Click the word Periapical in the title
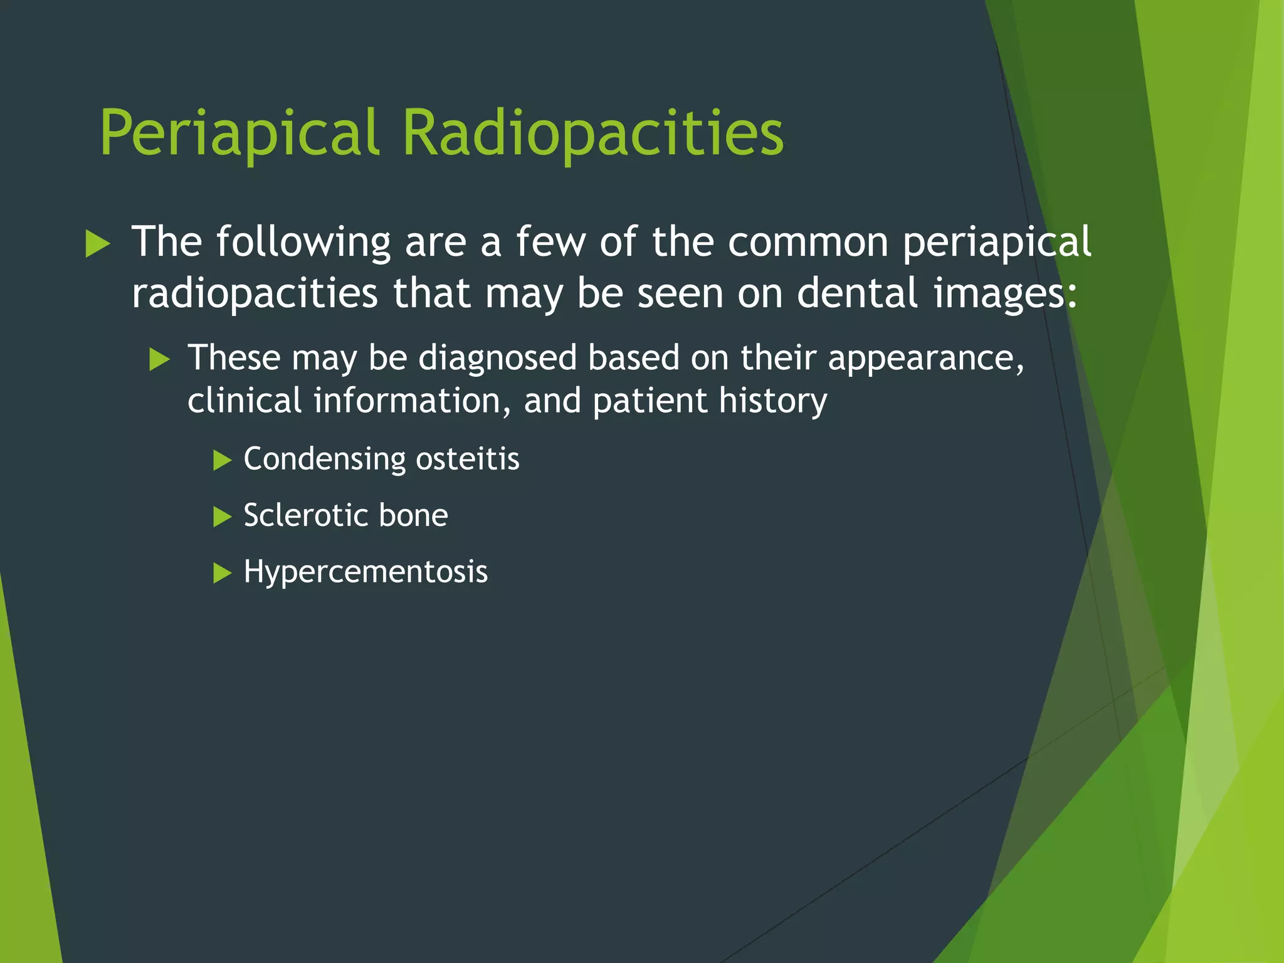coord(239,133)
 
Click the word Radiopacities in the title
coord(592,133)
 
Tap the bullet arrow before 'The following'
coord(97,243)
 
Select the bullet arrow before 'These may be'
coord(160,360)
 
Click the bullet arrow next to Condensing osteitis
coord(222,460)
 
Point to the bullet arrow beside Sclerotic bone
coord(222,517)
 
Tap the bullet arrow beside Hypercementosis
coord(222,573)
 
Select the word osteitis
coord(468,458)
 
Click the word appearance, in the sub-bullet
coord(926,359)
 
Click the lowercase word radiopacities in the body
coord(255,294)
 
